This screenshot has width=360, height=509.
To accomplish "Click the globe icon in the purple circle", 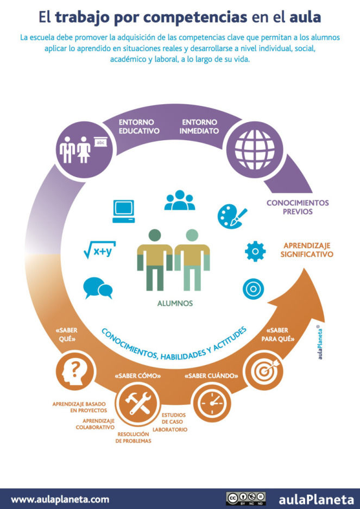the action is [x=255, y=149].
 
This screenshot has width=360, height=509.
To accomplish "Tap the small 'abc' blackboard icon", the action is [x=100, y=142].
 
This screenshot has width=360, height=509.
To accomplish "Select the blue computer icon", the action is [x=124, y=211].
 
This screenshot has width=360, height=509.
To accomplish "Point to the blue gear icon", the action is [x=255, y=252].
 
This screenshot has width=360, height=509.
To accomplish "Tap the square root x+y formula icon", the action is [x=100, y=250].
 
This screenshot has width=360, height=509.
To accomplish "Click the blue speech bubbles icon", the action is [x=98, y=288].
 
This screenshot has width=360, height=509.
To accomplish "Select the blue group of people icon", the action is [x=180, y=200].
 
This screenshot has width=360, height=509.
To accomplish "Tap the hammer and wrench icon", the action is [x=138, y=403].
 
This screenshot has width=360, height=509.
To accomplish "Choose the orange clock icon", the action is [x=212, y=403].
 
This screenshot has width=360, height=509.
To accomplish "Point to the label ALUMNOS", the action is [x=175, y=304].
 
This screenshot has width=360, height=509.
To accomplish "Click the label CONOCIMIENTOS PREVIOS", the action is [x=298, y=207].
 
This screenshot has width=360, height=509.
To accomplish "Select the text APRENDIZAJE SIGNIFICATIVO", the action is [x=307, y=250].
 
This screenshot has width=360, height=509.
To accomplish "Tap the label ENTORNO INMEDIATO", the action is [x=199, y=127].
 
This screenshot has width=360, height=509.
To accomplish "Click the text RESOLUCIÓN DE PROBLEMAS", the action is [x=133, y=438].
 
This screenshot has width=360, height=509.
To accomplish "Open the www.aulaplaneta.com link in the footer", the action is [x=60, y=499].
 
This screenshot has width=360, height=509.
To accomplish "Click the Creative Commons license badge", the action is [x=246, y=499].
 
